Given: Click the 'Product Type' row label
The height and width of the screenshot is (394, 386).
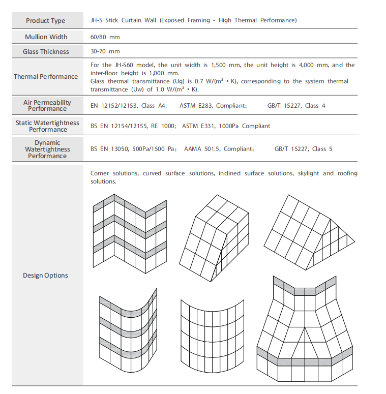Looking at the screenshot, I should [46, 21].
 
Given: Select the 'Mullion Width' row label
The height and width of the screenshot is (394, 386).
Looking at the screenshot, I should [46, 37].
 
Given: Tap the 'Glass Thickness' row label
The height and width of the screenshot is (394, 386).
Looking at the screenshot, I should [46, 52].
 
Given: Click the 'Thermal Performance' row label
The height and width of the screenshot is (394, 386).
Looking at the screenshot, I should [46, 77].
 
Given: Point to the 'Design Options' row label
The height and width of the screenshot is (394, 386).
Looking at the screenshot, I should [45, 276].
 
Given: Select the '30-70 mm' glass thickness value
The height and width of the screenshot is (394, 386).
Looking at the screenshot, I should [105, 52].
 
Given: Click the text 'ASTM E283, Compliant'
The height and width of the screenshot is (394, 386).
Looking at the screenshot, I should [213, 106].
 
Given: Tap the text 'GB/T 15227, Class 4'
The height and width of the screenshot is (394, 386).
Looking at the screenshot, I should [296, 106].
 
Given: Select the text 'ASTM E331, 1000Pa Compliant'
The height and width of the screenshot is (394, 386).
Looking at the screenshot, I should [226, 126].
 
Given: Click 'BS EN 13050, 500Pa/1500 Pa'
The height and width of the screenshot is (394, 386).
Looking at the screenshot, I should [134, 149].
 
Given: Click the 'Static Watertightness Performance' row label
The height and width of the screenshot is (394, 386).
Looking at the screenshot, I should [47, 126].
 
